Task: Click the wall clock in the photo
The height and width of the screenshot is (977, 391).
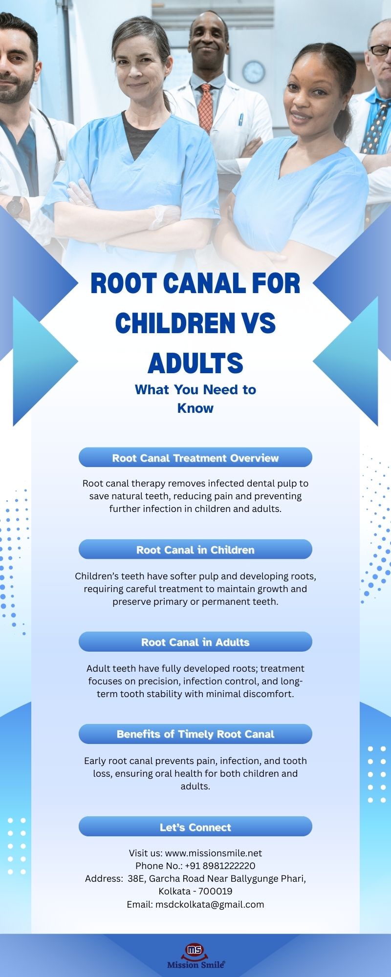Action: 254,72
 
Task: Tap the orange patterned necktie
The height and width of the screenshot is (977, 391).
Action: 206,107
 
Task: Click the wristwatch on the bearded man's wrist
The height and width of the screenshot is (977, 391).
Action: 15,207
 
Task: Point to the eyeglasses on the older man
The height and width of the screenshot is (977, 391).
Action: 380,50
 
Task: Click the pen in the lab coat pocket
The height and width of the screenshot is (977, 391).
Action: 240,119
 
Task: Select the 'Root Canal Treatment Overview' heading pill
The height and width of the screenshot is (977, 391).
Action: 195,458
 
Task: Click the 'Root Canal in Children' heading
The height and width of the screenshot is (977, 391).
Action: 195,550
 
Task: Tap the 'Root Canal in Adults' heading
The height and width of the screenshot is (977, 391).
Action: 195,642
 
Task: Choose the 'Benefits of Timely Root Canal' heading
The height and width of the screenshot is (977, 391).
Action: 195,734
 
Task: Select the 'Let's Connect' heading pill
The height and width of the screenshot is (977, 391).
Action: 195,827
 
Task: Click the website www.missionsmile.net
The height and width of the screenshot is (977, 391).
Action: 214,853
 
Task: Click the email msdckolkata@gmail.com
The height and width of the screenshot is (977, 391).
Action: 210,904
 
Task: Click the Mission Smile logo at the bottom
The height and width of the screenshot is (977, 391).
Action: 195,956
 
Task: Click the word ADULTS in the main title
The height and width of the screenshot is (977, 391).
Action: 195,363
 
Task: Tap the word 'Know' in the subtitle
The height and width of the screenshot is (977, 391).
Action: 195,408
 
